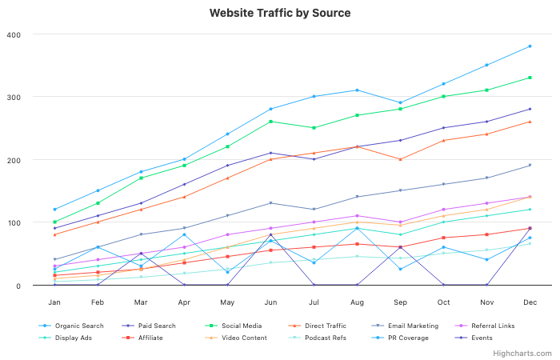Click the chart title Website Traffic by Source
point(280,14)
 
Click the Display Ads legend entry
point(72,338)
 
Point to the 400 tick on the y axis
point(14,34)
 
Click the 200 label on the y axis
point(14,160)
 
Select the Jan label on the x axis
point(54,302)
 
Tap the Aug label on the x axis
point(357,302)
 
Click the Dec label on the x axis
point(530,302)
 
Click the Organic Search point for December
point(530,46)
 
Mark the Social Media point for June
point(270,122)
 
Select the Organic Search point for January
point(54,210)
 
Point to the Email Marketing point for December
point(530,166)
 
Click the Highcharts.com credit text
point(522,353)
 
